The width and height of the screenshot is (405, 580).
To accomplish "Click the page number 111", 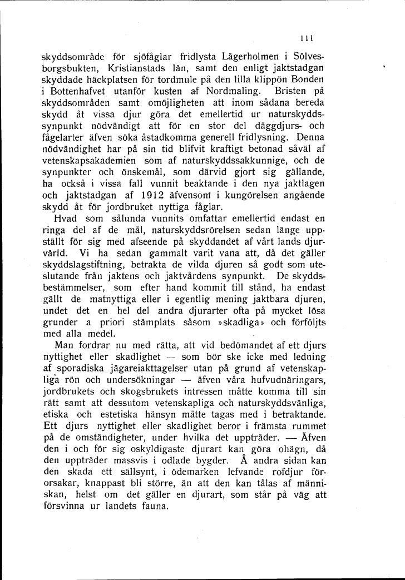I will click(306, 38).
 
